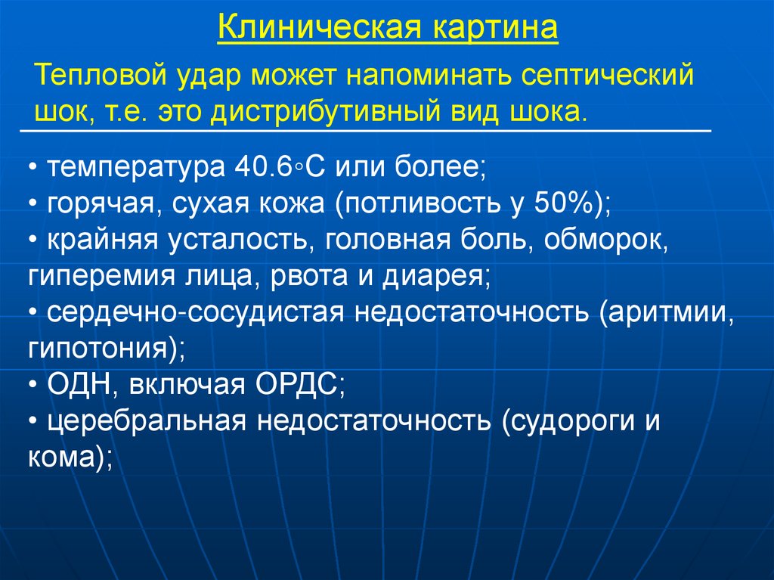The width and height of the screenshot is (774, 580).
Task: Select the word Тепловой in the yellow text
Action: [x=99, y=77]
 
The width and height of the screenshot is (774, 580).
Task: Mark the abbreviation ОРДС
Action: [x=294, y=385]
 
